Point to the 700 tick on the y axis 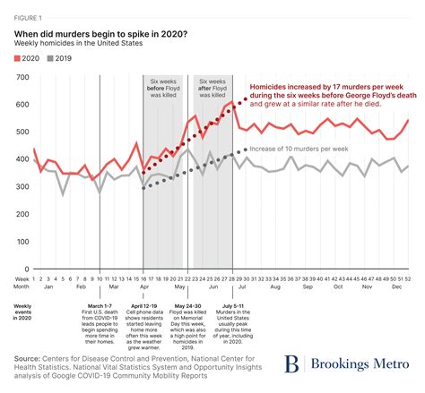pyautogui.click(x=21, y=80)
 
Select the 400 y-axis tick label pyautogui.click(x=21, y=159)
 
